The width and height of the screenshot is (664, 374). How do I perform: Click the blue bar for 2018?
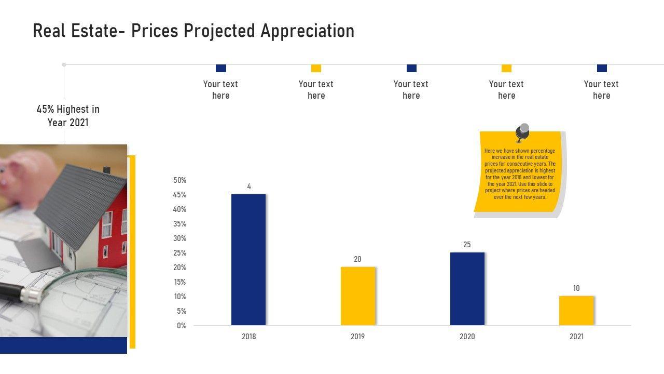pos(248,260)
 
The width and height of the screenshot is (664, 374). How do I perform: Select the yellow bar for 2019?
pos(358,296)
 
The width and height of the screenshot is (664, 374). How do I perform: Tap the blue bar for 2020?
pos(467,289)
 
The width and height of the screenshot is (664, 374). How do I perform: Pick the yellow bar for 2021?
pos(576,311)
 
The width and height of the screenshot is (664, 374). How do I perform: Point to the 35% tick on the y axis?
pos(180,224)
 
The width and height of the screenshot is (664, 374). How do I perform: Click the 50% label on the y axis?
pos(180,180)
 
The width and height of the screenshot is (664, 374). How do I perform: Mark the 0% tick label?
pos(182,326)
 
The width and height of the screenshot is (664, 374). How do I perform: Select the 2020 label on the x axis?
pos(467,337)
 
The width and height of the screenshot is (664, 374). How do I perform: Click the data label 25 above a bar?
pos(467,245)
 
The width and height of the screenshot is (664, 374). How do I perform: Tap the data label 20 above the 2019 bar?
pos(357,259)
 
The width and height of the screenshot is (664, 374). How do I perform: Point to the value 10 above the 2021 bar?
pos(576,288)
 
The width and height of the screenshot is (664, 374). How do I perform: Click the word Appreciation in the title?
pos(307,31)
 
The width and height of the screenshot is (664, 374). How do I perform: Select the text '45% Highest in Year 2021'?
pos(68,116)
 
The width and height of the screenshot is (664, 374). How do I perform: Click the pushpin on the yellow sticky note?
pos(522,132)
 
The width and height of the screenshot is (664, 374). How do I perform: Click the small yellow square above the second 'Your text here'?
pos(316,69)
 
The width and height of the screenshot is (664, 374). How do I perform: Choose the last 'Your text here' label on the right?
pos(601,90)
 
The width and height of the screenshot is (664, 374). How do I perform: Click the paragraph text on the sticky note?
pos(520,174)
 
